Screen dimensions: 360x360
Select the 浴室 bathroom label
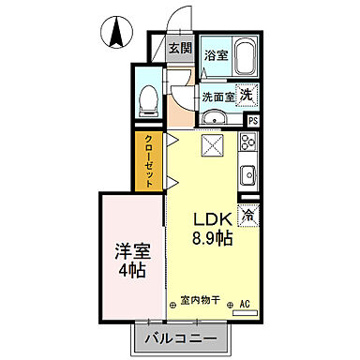[x=215, y=54]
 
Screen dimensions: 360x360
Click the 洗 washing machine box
[x=247, y=94]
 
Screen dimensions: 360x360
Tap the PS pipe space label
[x=252, y=119]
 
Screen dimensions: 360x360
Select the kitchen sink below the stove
[x=248, y=175]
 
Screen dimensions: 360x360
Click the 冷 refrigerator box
[x=247, y=215]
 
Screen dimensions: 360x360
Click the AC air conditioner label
[x=245, y=302]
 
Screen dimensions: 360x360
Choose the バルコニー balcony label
[x=183, y=337]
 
